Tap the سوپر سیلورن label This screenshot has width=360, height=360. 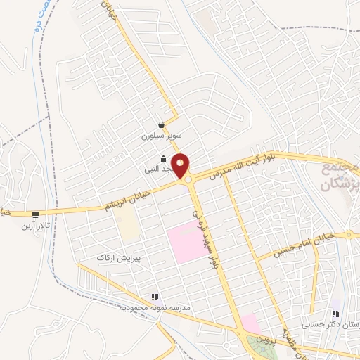pos(162,134)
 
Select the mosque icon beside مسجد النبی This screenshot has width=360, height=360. pos(163,158)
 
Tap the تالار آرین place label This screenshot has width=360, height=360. pos(35,226)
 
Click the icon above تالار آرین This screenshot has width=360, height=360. pos(35,214)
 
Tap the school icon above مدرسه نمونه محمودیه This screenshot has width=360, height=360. pos(154,297)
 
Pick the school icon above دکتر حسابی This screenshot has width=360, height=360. pos(335,314)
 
